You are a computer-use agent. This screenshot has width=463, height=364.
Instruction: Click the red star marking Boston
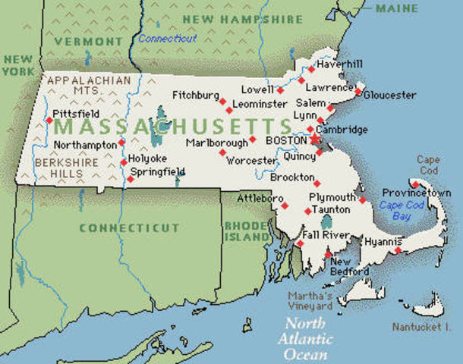pyautogui.click(x=314, y=140)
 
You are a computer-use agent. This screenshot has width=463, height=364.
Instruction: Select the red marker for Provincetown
pyautogui.click(x=414, y=184)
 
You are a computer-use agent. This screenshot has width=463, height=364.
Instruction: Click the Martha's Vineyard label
pyautogui.click(x=310, y=301)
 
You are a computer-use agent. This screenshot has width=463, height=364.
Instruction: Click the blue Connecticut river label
pyautogui.click(x=167, y=38)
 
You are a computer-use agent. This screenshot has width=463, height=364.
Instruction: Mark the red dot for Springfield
pyautogui.click(x=130, y=179)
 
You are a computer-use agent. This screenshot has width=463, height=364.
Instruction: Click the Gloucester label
pyautogui.click(x=390, y=95)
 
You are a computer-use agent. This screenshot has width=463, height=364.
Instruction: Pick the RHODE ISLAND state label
pyautogui.click(x=247, y=231)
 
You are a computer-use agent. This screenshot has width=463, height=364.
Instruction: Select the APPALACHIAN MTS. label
pyautogui.click(x=78, y=86)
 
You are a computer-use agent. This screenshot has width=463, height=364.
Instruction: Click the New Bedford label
pyautogui.click(x=349, y=266)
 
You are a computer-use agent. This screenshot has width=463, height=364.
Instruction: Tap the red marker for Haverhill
pyautogui.click(x=311, y=69)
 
